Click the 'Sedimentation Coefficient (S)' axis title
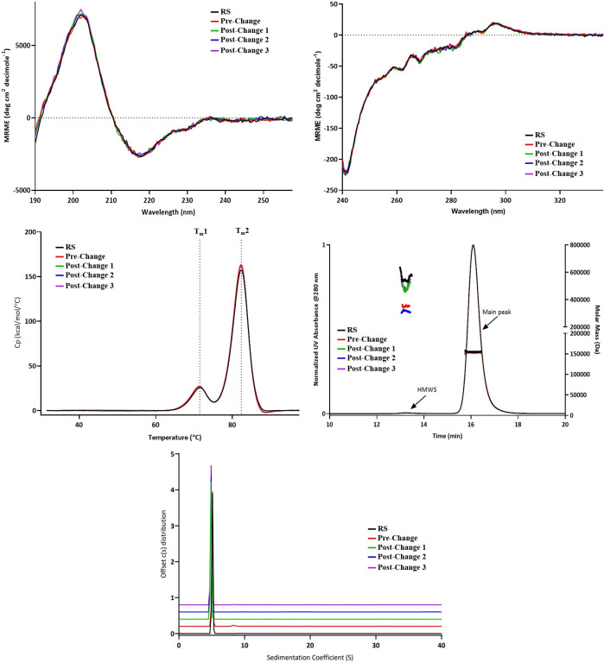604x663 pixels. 310,656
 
